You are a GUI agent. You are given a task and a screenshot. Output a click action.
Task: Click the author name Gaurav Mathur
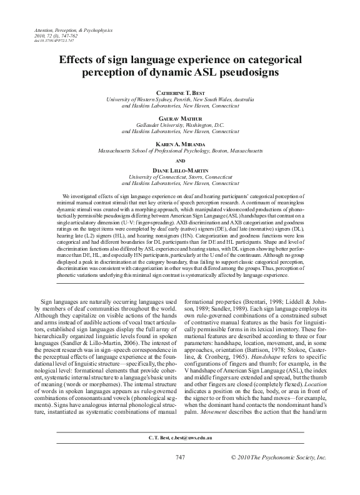pyautogui.click(x=179, y=118)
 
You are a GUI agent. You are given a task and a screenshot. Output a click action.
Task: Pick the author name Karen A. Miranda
pyautogui.click(x=179, y=143)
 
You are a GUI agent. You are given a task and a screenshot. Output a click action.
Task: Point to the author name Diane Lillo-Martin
pyautogui.click(x=179, y=169)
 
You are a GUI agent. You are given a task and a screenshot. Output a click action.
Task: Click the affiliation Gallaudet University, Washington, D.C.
pyautogui.click(x=179, y=125)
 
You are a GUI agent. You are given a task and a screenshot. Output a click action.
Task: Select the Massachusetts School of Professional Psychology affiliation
pyautogui.click(x=179, y=150)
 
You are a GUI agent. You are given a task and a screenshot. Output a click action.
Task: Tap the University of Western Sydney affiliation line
pyautogui.click(x=179, y=99)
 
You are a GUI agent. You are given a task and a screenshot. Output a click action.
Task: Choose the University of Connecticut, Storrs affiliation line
pyautogui.click(x=179, y=176)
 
